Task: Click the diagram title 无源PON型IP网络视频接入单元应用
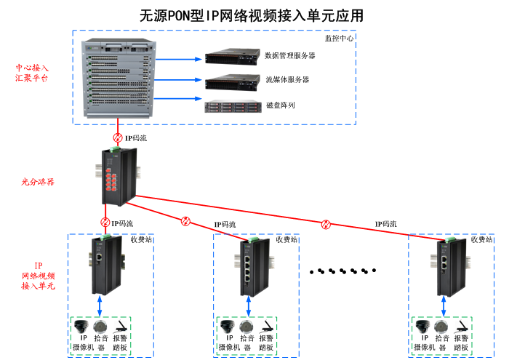pyautogui.click(x=251, y=15)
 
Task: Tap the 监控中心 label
pyautogui.click(x=339, y=38)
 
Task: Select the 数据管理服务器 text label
pyautogui.click(x=290, y=56)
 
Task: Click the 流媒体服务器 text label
pyautogui.click(x=287, y=80)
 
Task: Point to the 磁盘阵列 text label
pyautogui.click(x=280, y=106)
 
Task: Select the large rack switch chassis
pyautogui.click(x=120, y=77)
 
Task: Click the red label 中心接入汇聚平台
pyautogui.click(x=32, y=73)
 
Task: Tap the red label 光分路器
pyautogui.click(x=38, y=181)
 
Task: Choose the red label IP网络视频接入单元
pyautogui.click(x=38, y=276)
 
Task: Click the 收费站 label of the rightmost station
pyautogui.click(x=481, y=239)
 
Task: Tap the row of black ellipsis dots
pyautogui.click(x=343, y=271)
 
